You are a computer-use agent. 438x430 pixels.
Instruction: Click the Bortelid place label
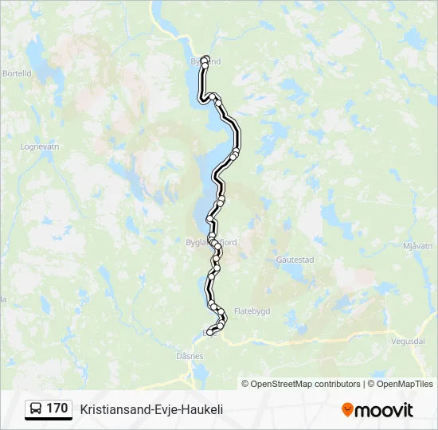point(17,72)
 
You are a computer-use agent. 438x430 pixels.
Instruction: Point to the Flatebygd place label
point(252,310)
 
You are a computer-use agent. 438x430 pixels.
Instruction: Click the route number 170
point(57,408)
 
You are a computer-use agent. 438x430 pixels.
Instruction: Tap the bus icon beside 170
point(36,409)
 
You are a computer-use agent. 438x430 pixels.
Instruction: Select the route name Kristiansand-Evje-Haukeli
point(151,409)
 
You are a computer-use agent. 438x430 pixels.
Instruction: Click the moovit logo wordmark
point(384,410)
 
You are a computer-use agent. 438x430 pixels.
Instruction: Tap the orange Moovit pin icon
point(347,410)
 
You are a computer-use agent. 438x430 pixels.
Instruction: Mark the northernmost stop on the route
point(205,59)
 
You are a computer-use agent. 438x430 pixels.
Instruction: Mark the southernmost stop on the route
point(210,333)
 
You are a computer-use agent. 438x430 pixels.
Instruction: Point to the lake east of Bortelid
point(37,60)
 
